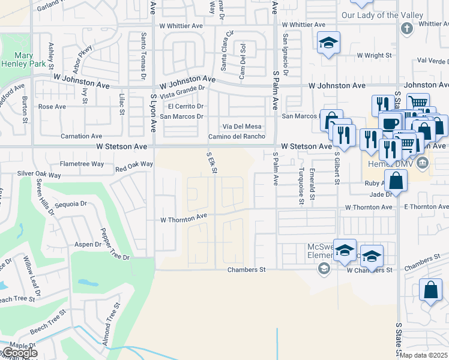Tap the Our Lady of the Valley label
tap(378, 15)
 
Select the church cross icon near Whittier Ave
tap(406, 28)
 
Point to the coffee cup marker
tap(390, 122)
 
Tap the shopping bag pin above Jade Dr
tap(396, 179)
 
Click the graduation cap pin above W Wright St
tap(328, 43)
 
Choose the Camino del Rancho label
tap(237, 136)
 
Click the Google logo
tap(19, 353)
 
